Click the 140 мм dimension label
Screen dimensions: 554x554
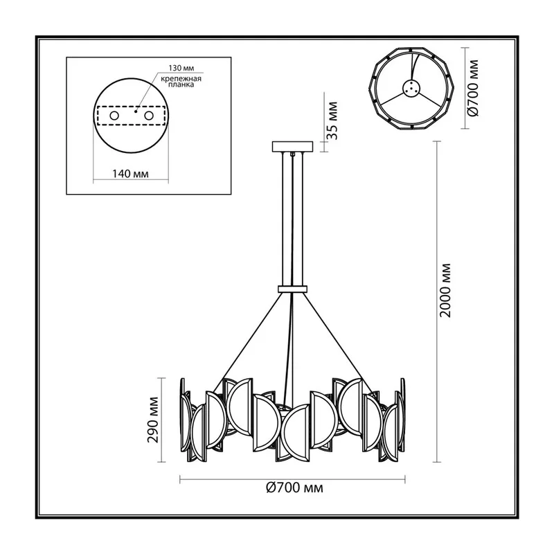point(130,174)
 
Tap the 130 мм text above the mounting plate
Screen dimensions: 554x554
point(181,68)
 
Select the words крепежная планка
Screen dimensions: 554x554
point(181,82)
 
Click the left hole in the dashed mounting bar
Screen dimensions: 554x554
point(114,116)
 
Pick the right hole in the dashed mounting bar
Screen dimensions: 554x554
point(149,116)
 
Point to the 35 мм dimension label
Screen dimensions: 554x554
point(332,120)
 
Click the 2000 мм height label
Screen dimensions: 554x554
point(446,290)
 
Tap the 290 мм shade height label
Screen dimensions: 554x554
point(153,420)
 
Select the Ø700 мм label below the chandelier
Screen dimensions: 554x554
point(294,488)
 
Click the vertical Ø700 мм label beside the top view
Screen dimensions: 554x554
point(473,88)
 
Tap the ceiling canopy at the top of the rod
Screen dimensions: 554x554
point(292,147)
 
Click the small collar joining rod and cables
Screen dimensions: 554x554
point(292,289)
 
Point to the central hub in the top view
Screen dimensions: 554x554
point(411,88)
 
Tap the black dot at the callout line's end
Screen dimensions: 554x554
point(135,111)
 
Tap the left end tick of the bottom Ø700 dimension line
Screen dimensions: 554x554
point(180,479)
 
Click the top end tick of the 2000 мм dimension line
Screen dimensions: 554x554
point(437,141)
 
